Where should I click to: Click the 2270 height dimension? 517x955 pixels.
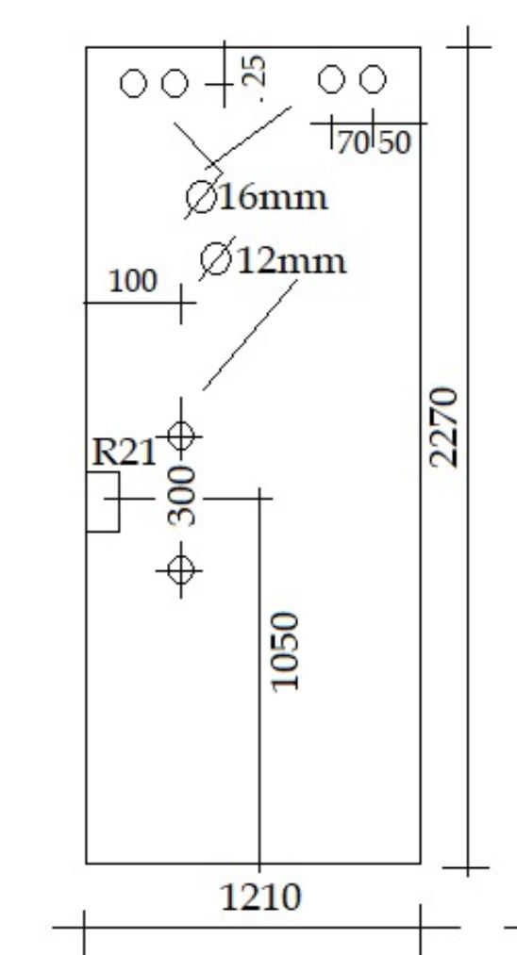pos(443,428)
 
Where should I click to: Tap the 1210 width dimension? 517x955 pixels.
pos(260,897)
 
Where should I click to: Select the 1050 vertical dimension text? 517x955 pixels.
pos(286,651)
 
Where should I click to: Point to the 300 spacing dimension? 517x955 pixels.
pos(182,496)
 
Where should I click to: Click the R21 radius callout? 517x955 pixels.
pos(124,453)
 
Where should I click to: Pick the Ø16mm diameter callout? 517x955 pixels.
pos(257,197)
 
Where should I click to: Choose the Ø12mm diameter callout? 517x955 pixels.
pos(274,260)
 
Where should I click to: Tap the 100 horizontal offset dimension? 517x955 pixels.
pos(133,281)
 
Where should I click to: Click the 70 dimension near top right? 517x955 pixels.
pos(354,142)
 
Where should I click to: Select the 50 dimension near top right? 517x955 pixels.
pos(395,142)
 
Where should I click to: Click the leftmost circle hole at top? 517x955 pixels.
pos(134,84)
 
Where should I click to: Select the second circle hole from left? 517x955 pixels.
pos(175,84)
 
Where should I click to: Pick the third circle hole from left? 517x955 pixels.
pos(332,80)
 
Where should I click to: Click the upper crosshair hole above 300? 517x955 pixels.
pos(180,436)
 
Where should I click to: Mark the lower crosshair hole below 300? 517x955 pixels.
pos(180,570)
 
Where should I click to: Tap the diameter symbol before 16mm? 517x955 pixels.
pos(202,197)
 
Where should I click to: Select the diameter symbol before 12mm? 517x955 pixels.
pos(216,259)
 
